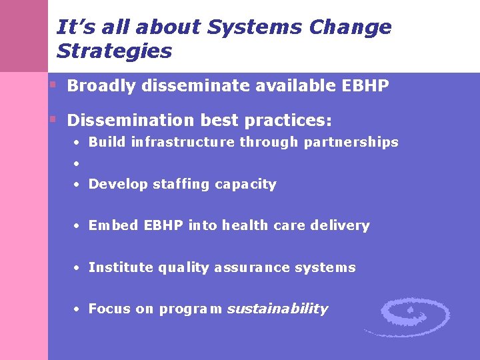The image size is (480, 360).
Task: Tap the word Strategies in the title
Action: coord(115,51)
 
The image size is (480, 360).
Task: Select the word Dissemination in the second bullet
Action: coord(125,121)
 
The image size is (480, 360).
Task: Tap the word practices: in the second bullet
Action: coord(288,121)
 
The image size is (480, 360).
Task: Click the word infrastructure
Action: coord(183,142)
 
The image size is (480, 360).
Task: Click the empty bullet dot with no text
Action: coord(77,163)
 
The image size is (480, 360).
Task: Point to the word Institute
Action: coord(121,267)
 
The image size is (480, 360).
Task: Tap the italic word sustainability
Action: coord(277,309)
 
